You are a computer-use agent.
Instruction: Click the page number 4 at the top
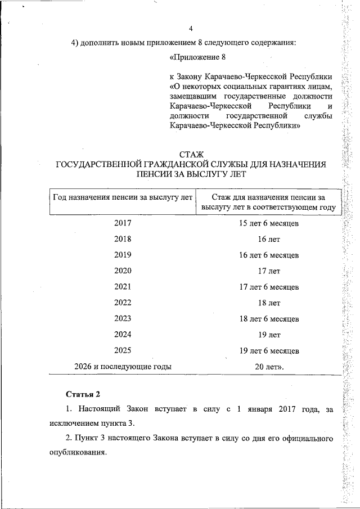pos(191,29)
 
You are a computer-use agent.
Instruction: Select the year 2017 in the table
pos(123,223)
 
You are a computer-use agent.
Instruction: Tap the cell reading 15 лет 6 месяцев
pos(269,223)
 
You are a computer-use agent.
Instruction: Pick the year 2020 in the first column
pos(123,271)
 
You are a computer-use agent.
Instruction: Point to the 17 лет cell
pos(269,271)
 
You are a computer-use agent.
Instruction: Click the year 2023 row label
pos(123,318)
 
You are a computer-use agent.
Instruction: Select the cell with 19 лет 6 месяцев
pos(269,350)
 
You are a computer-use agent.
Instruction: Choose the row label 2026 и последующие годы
pos(123,366)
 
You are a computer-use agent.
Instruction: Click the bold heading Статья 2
pos(83,393)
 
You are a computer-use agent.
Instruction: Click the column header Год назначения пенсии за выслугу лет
pos(123,197)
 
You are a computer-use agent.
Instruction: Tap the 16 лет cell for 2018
pos(269,239)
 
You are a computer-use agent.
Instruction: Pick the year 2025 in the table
pos(123,350)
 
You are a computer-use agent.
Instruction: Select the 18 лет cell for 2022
pos(269,303)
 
